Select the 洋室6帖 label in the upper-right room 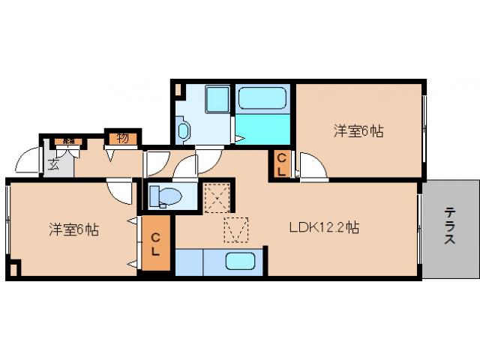pyautogui.click(x=358, y=131)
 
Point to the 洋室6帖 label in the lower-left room pyautogui.click(x=73, y=229)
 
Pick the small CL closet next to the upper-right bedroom pyautogui.click(x=280, y=165)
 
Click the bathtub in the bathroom pyautogui.click(x=262, y=99)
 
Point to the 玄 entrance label pyautogui.click(x=55, y=166)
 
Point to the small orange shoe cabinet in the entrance pyautogui.click(x=67, y=141)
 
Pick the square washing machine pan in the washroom pyautogui.click(x=217, y=99)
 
